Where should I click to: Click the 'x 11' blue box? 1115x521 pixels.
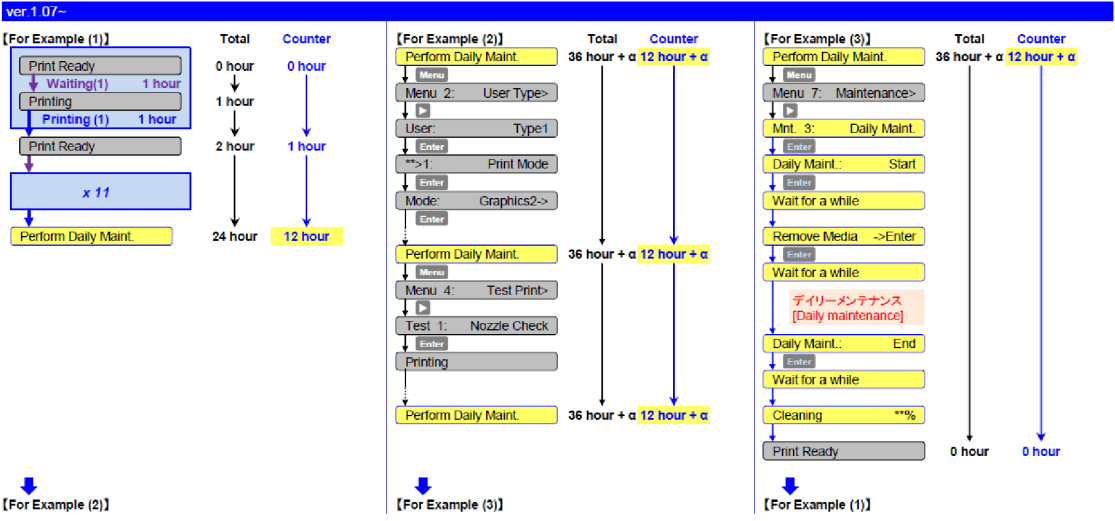(x=96, y=191)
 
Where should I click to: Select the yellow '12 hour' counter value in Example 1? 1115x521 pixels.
(x=306, y=237)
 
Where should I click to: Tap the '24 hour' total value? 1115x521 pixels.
(x=235, y=237)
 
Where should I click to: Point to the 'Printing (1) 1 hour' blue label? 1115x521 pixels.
(x=108, y=120)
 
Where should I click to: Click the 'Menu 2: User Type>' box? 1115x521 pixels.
(x=476, y=93)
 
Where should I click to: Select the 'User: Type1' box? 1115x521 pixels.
(x=476, y=129)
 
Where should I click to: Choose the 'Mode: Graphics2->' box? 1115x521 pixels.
(x=476, y=200)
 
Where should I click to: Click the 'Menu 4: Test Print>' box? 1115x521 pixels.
(x=476, y=290)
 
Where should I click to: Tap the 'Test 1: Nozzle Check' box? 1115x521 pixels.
(x=476, y=326)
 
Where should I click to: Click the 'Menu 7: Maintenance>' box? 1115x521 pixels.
(x=844, y=93)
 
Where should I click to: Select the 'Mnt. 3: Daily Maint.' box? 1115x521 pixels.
(x=844, y=129)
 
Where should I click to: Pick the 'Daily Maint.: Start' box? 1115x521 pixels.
(x=844, y=164)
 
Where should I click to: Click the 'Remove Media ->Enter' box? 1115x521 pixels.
(x=844, y=237)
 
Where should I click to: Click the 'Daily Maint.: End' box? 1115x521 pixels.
(x=844, y=344)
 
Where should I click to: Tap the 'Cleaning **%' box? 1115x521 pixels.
(x=844, y=415)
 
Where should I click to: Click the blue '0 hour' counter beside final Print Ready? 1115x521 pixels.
(x=1041, y=452)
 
